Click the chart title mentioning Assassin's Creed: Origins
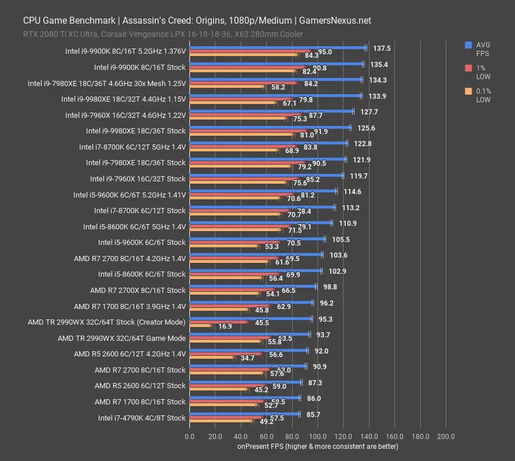[x=197, y=21]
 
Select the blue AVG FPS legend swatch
[x=468, y=44]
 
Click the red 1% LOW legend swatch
[x=468, y=68]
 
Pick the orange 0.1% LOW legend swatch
[x=468, y=91]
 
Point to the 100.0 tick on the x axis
[x=318, y=437]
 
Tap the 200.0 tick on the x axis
[x=446, y=437]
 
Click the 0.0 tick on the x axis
[x=189, y=437]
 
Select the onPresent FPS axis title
[x=317, y=447]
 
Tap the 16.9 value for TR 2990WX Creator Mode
[x=225, y=326]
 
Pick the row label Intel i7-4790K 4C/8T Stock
[x=141, y=418]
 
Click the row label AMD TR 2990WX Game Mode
[x=121, y=338]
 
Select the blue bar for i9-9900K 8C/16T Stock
[x=276, y=64]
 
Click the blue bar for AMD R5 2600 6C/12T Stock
[x=245, y=382]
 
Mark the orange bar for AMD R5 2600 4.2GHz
[x=211, y=358]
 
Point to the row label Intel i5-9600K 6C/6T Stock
[x=141, y=242]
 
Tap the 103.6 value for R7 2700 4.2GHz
[x=339, y=255]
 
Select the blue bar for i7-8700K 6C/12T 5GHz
[x=268, y=143]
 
